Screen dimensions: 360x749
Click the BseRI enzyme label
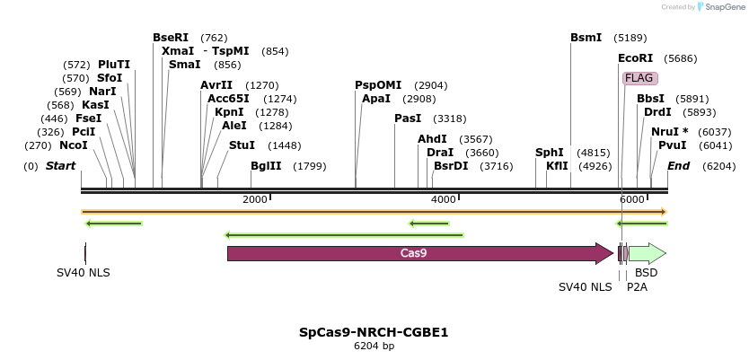pyautogui.click(x=171, y=38)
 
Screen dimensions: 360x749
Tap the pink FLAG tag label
pyautogui.click(x=639, y=78)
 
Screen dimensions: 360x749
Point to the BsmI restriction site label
pyautogui.click(x=586, y=38)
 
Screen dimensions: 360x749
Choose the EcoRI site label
pyautogui.click(x=635, y=58)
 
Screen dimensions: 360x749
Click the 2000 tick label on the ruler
pyautogui.click(x=255, y=199)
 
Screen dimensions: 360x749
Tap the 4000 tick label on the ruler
pyautogui.click(x=444, y=199)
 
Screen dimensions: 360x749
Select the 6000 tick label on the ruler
pyautogui.click(x=632, y=199)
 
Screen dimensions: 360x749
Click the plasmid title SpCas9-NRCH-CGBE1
pyautogui.click(x=374, y=332)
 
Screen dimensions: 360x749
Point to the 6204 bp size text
pyautogui.click(x=374, y=346)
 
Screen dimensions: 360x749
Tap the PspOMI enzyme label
pyautogui.click(x=378, y=85)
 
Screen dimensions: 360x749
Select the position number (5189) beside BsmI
pyautogui.click(x=630, y=38)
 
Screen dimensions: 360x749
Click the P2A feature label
pyautogui.click(x=637, y=286)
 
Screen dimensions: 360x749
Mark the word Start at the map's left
pyautogui.click(x=60, y=166)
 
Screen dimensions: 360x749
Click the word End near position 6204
pyautogui.click(x=678, y=166)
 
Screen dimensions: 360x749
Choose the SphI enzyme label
pyautogui.click(x=550, y=153)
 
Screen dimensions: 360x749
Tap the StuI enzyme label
pyautogui.click(x=242, y=145)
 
